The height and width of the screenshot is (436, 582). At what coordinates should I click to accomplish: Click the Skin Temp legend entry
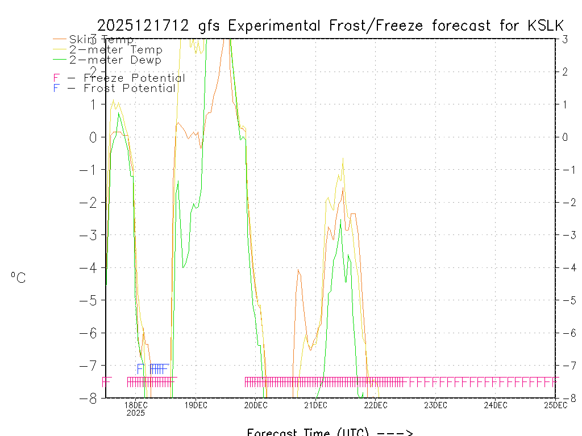(101, 40)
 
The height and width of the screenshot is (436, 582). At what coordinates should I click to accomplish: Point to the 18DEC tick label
(136, 405)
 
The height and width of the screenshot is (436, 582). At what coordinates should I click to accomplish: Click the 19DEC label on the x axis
(196, 405)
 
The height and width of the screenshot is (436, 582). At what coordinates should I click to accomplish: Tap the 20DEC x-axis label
(256, 405)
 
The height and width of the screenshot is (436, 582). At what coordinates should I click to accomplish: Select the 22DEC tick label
(376, 405)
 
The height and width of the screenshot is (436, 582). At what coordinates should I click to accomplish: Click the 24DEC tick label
(496, 405)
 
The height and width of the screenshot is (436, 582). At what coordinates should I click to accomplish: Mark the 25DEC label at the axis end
(555, 405)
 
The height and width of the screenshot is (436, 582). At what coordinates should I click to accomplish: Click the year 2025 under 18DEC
(136, 413)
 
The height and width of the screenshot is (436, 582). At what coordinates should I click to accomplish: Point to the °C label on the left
(18, 278)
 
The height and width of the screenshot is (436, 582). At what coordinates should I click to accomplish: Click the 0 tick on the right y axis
(565, 137)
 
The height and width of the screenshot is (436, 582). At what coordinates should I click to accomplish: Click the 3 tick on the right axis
(565, 39)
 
